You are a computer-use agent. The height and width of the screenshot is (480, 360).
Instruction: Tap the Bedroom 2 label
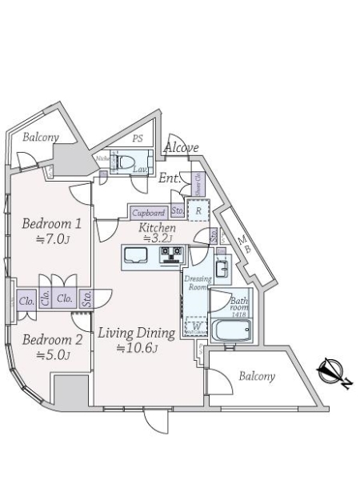[52, 339]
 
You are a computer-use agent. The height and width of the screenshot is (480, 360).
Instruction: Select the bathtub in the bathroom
[231, 330]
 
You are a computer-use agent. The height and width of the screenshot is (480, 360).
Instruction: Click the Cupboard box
[149, 213]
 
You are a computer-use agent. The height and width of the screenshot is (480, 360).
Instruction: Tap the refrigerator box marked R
[198, 211]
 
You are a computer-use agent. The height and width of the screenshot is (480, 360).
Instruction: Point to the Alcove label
[182, 148]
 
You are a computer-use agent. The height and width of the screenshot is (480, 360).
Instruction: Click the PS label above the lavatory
[138, 138]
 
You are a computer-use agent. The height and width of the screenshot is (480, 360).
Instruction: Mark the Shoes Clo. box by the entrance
[198, 185]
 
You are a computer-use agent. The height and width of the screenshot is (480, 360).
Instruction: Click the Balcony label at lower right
[255, 376]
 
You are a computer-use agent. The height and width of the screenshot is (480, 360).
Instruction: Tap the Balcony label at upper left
[40, 137]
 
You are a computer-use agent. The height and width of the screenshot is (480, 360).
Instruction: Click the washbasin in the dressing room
[222, 267]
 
